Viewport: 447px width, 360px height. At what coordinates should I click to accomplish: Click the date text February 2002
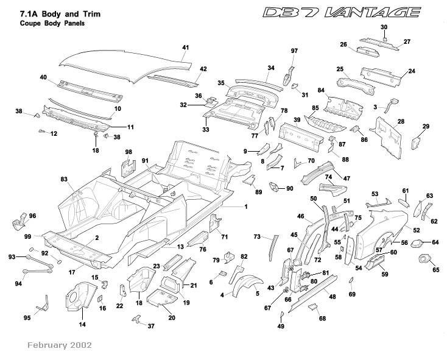point(59,345)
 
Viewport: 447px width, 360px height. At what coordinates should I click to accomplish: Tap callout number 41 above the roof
point(186,47)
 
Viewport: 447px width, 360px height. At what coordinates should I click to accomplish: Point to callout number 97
point(294,51)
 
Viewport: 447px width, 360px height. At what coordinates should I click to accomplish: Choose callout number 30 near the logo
point(384,27)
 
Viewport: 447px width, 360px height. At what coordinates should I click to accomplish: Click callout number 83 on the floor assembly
point(63,179)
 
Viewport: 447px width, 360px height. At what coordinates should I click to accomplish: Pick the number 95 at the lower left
point(27,317)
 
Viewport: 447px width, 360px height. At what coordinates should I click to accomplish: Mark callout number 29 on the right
point(426,126)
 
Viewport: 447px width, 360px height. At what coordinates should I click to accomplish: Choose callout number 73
point(257,236)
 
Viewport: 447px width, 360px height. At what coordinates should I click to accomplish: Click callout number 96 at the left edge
point(32,216)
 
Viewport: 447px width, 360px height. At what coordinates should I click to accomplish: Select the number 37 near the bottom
point(151,326)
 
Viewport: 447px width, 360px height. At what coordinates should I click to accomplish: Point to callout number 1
point(245,207)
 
